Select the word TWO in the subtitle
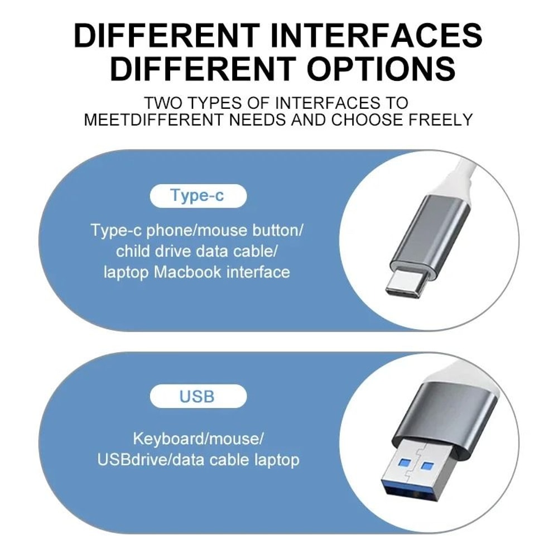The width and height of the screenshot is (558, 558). pos(162,103)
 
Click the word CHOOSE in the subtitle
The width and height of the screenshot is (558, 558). pos(365,119)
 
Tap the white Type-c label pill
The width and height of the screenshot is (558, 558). pos(198,196)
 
